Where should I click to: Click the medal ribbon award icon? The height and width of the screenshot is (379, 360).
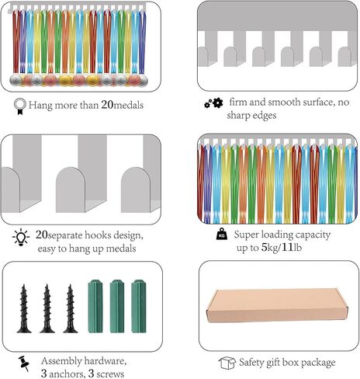pyautogui.click(x=20, y=106)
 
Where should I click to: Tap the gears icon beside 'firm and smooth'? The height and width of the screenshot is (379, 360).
pyautogui.click(x=213, y=103)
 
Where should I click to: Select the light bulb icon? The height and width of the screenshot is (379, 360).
pyautogui.click(x=21, y=237)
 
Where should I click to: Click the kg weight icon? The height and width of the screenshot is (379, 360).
pyautogui.click(x=222, y=234)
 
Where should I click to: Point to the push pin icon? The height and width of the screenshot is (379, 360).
pyautogui.click(x=24, y=363)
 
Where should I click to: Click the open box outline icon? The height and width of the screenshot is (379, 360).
pyautogui.click(x=227, y=363)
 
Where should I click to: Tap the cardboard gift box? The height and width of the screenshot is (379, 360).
pyautogui.click(x=277, y=305)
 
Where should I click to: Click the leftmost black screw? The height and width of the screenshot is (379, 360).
pyautogui.click(x=24, y=308)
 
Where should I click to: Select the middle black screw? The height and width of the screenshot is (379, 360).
pyautogui.click(x=47, y=308)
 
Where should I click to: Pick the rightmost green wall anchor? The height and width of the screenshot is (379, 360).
pyautogui.click(x=139, y=306)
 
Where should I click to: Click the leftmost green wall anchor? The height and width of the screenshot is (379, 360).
pyautogui.click(x=95, y=306)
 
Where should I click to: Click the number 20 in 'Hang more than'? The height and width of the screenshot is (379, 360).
pyautogui.click(x=107, y=105)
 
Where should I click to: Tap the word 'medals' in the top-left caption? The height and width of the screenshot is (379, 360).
pyautogui.click(x=129, y=106)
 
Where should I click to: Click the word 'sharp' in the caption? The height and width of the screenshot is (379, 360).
pyautogui.click(x=238, y=116)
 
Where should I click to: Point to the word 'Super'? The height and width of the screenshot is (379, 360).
pyautogui.click(x=246, y=235)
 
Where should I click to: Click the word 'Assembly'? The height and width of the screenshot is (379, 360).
pyautogui.click(x=61, y=361)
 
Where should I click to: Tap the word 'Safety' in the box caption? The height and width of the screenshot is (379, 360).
pyautogui.click(x=252, y=363)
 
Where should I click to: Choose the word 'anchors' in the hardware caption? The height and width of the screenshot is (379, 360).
pyautogui.click(x=67, y=374)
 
